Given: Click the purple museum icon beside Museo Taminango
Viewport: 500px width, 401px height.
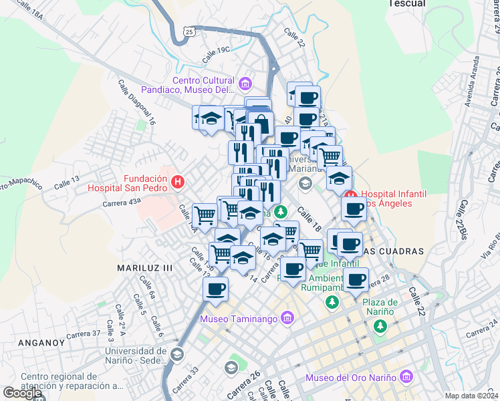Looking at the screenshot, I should (287, 318).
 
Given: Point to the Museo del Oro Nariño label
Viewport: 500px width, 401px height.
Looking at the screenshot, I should (351, 378).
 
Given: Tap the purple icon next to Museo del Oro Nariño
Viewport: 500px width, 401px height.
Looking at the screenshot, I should (406, 379).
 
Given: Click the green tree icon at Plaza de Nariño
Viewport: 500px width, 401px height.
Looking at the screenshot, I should (380, 326).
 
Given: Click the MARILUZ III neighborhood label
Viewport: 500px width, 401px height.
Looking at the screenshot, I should (145, 267).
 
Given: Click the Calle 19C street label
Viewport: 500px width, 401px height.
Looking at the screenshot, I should (213, 49).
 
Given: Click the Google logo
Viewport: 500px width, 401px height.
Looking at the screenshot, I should (23, 393).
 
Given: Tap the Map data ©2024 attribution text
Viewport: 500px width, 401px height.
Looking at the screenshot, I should (472, 396).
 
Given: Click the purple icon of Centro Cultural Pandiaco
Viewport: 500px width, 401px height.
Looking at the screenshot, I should (245, 84).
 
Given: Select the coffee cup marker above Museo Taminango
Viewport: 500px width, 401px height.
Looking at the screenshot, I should (215, 289).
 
